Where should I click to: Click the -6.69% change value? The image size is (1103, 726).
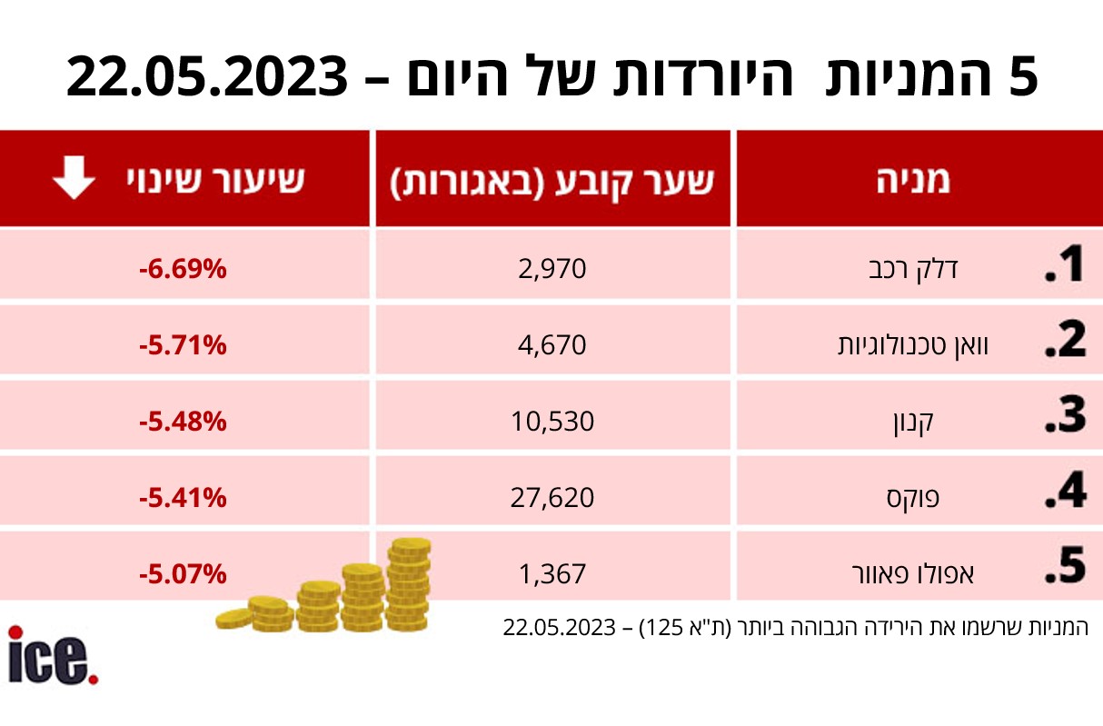pos(183,270)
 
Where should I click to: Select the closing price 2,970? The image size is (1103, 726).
pos(554,269)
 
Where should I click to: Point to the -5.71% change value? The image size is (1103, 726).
pos(183,345)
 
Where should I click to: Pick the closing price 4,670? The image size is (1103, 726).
pos(554,345)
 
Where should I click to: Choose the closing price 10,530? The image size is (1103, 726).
pos(553,422)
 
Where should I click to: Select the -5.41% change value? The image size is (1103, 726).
pos(183,497)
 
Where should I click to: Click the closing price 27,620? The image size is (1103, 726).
pos(553,497)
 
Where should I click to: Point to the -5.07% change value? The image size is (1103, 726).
pos(183,573)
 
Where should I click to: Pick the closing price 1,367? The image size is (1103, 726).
pos(554,573)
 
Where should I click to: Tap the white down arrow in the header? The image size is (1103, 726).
pos(73,179)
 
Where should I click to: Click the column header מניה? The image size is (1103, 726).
pos(913,180)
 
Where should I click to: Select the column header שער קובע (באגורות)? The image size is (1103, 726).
pos(552,180)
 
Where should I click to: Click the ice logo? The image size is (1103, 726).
pos(52,656)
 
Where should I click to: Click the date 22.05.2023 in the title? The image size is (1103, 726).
pos(207,77)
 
